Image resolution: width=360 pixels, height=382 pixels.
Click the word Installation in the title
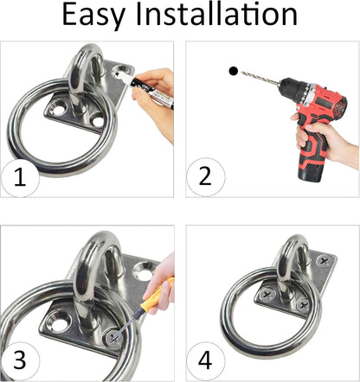click(216, 14)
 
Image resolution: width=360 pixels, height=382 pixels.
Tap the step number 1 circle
click(20, 178)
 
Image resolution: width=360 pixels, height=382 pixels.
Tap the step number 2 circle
click(205, 176)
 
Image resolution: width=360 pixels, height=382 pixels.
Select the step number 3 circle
click(20, 361)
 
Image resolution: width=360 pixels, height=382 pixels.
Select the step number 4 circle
click(205, 360)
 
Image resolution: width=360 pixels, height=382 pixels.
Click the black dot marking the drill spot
click(233, 71)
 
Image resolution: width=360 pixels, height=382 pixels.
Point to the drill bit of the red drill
click(260, 77)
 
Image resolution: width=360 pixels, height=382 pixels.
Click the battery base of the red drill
click(312, 172)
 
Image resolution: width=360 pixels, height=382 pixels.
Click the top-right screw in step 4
click(323, 262)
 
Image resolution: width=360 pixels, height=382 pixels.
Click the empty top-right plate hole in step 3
click(143, 271)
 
